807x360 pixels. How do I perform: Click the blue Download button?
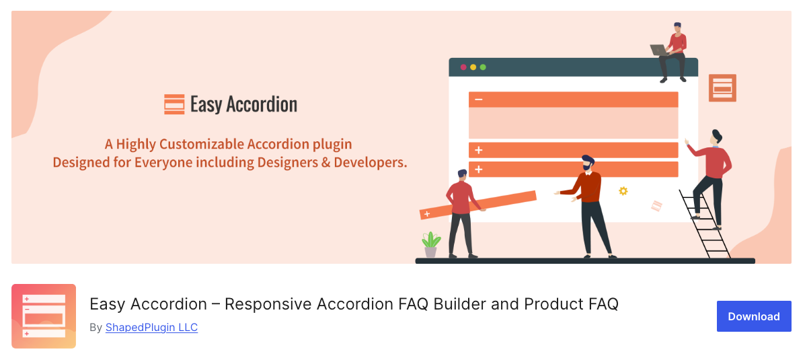tap(753, 316)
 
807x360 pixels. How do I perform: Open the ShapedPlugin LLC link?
tap(151, 328)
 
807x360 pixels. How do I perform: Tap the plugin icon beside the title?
tap(44, 316)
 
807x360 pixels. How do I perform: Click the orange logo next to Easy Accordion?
tap(174, 104)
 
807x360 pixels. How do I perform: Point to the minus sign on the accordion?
tap(479, 100)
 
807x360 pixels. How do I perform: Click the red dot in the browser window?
tap(463, 67)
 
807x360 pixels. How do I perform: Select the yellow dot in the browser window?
tap(473, 67)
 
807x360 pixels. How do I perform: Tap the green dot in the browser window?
tap(483, 67)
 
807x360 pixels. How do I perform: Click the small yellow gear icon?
tap(623, 191)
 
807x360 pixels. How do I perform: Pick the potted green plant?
tap(430, 244)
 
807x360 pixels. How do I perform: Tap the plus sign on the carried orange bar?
tap(426, 214)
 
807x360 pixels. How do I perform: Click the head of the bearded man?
tap(588, 162)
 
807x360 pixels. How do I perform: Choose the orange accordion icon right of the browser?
tap(722, 87)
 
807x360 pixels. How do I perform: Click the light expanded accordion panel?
tap(573, 123)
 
